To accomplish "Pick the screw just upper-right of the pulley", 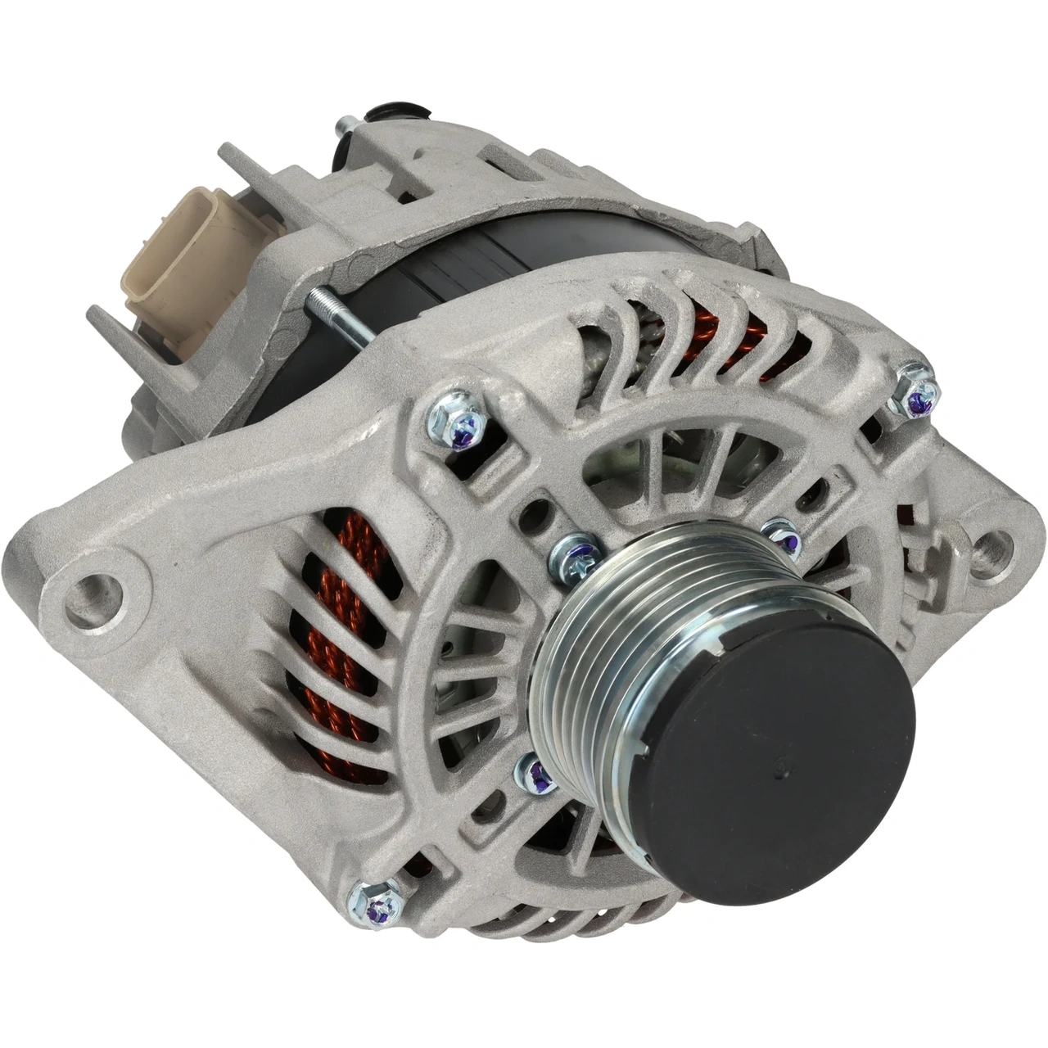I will point(778,535).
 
